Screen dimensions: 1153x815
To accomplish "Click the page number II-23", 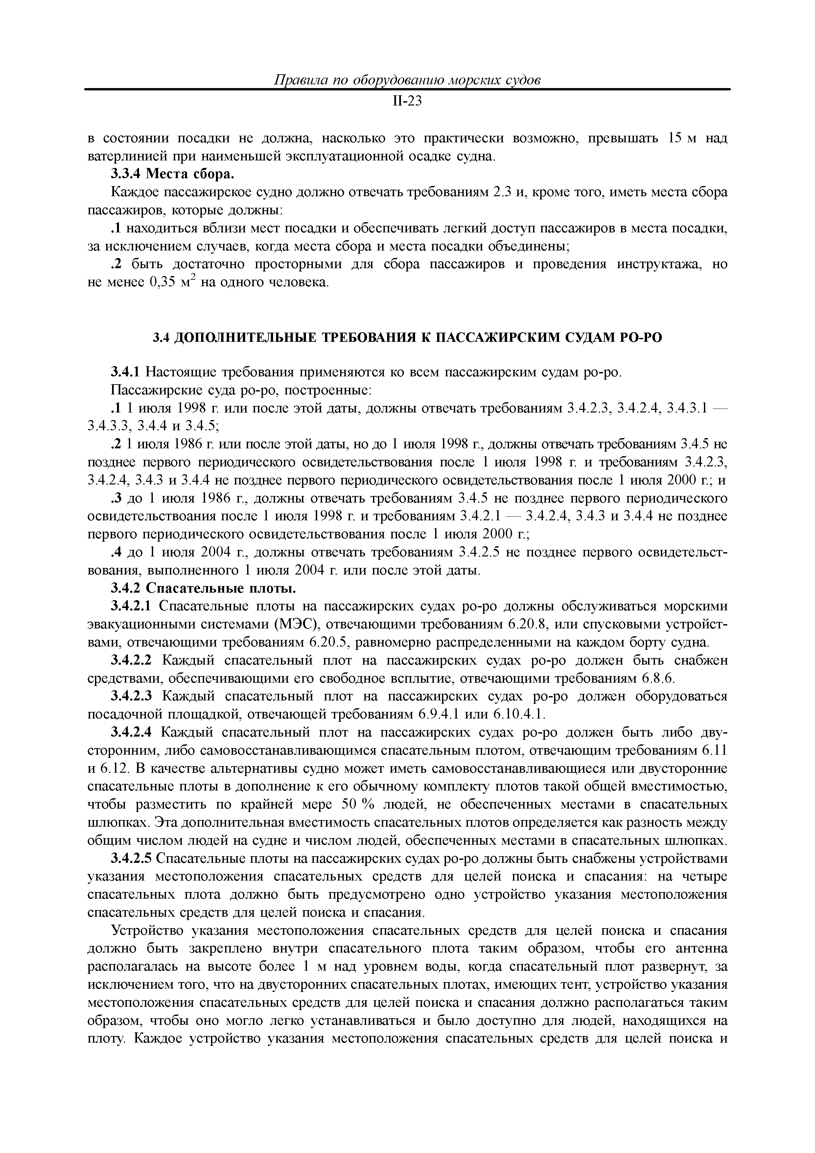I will (x=407, y=102).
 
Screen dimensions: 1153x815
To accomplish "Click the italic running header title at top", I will (x=407, y=80).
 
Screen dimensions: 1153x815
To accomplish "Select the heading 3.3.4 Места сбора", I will (x=173, y=174).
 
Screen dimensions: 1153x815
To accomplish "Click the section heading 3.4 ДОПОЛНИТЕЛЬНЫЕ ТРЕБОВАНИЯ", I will (x=407, y=338).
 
